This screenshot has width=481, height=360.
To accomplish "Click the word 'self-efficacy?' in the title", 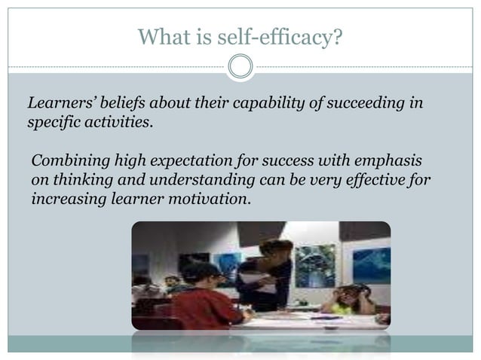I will [290, 35].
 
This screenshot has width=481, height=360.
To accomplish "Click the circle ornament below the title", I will [240, 67].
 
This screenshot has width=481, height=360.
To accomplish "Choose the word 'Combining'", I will [66, 163].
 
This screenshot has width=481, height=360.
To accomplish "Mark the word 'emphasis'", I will [384, 163].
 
